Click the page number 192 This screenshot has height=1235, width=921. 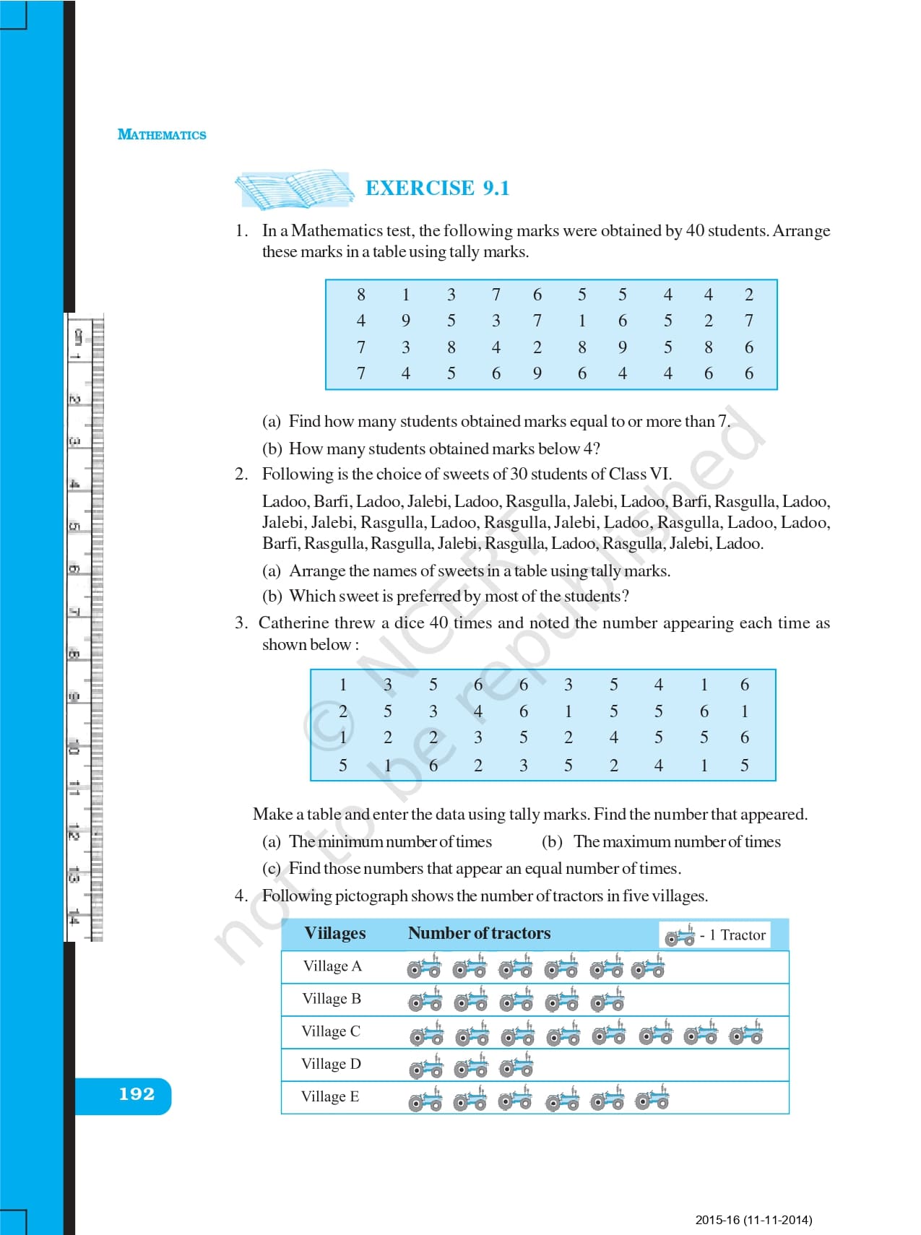coord(137,1094)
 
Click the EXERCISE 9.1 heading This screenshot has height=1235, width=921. coord(437,188)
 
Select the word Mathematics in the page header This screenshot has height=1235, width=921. coord(162,135)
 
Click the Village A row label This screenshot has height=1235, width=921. coord(332,966)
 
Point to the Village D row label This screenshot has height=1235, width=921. coord(331,1064)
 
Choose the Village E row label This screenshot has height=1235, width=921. coord(330,1096)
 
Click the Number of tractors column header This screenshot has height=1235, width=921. coord(479,933)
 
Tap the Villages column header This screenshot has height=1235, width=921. coord(335,933)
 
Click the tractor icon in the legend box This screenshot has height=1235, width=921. coord(680,935)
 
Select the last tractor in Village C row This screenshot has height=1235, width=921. coord(745,1034)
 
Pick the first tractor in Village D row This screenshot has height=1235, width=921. coord(425,1067)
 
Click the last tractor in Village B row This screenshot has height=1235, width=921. coord(607,1001)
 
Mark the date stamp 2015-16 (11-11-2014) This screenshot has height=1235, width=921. coord(753,1220)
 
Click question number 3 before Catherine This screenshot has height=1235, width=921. coord(241,623)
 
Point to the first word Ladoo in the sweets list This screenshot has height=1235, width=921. coord(284,502)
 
